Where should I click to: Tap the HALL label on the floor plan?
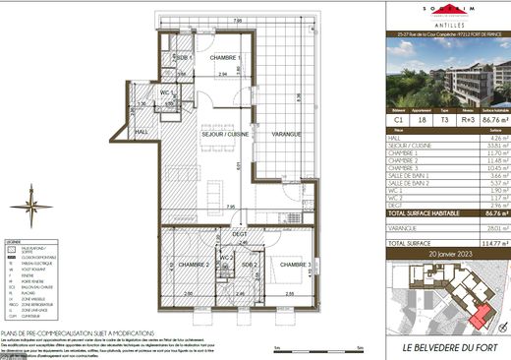(142, 133)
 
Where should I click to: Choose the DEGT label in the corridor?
(239, 234)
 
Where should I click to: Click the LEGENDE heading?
(13, 241)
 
